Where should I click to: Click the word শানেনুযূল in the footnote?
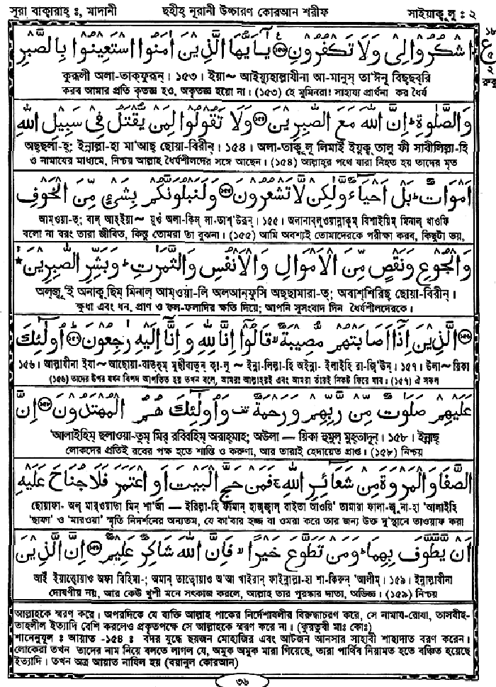click(x=28, y=630)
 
